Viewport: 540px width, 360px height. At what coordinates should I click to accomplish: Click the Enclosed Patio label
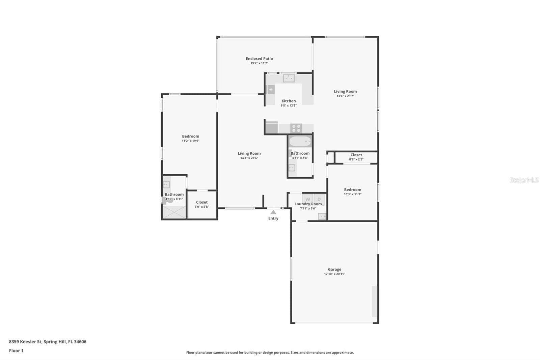[x=259, y=59]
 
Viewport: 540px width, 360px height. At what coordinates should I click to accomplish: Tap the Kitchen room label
[x=289, y=101]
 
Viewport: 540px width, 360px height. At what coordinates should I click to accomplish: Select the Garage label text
[x=334, y=269]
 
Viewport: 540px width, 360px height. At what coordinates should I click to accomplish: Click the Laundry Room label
[x=308, y=204]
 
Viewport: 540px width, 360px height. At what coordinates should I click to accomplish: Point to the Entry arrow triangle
[x=273, y=212]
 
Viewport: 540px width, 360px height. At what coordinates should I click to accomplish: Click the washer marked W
[x=307, y=199]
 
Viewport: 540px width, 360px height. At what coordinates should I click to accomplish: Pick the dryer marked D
[x=319, y=199]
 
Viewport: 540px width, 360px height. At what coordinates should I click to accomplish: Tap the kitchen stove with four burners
[x=296, y=128]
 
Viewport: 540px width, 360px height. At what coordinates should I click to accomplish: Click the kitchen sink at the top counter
[x=289, y=78]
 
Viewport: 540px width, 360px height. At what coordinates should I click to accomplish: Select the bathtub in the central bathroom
[x=300, y=142]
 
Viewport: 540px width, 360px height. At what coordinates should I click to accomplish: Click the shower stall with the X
[x=174, y=212]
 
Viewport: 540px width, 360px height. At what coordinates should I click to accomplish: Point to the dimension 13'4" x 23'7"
[x=345, y=96]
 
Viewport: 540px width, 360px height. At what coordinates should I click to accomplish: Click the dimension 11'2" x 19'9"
[x=190, y=141]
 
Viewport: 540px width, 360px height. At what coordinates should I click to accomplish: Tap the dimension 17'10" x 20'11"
[x=334, y=274]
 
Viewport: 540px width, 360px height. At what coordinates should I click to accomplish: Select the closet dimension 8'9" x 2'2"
[x=356, y=159]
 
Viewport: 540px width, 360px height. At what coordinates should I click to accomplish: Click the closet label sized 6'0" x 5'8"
[x=202, y=202]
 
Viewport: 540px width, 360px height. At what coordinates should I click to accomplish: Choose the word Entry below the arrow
[x=273, y=218]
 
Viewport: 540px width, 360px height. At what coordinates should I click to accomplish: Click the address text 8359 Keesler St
[x=25, y=342]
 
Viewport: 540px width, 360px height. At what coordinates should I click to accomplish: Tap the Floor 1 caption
[x=16, y=351]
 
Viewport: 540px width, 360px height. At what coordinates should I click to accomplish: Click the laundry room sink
[x=322, y=216]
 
